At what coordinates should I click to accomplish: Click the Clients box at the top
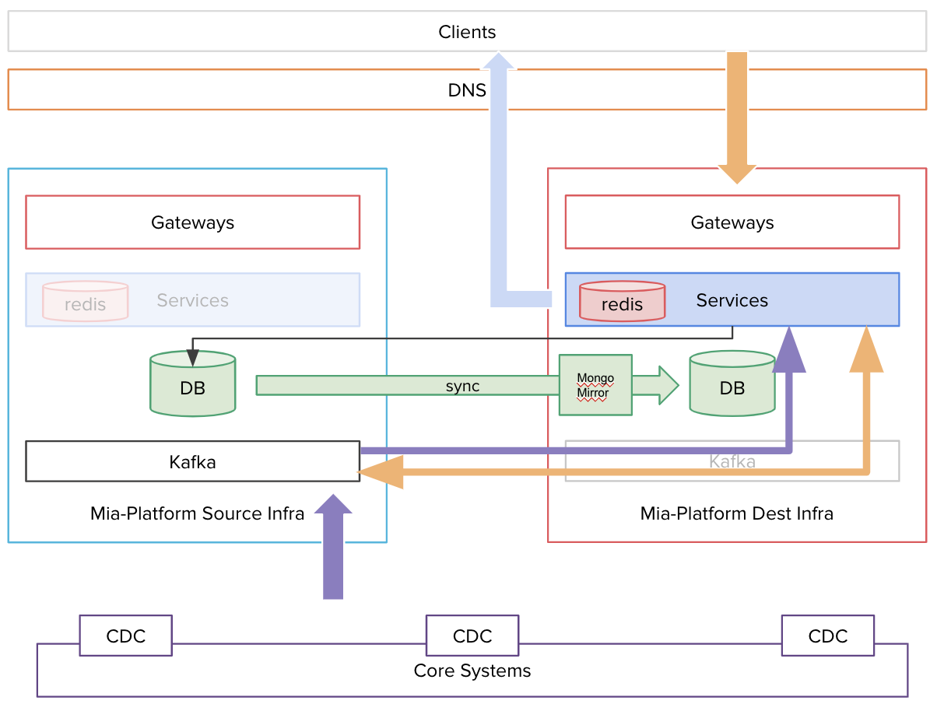[x=467, y=32]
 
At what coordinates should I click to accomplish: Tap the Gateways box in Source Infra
[x=192, y=222]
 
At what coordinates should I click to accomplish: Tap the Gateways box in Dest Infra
[x=732, y=222]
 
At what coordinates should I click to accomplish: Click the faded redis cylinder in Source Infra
[x=85, y=302]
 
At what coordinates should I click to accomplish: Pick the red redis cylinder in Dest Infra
[x=622, y=302]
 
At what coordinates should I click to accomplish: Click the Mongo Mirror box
[x=595, y=385]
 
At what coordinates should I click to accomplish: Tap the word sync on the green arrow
[x=462, y=386]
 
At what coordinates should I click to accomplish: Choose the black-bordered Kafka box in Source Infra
[x=192, y=462]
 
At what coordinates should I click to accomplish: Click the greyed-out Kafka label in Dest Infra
[x=732, y=461]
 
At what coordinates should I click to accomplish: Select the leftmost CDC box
[x=125, y=636]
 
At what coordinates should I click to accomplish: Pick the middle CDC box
[x=472, y=636]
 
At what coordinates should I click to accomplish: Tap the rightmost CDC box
[x=827, y=636]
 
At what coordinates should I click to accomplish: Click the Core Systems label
[x=472, y=671]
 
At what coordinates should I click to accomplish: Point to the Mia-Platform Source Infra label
[x=197, y=513]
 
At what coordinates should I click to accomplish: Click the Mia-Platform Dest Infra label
[x=736, y=513]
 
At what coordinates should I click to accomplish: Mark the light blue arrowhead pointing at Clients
[x=500, y=61]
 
